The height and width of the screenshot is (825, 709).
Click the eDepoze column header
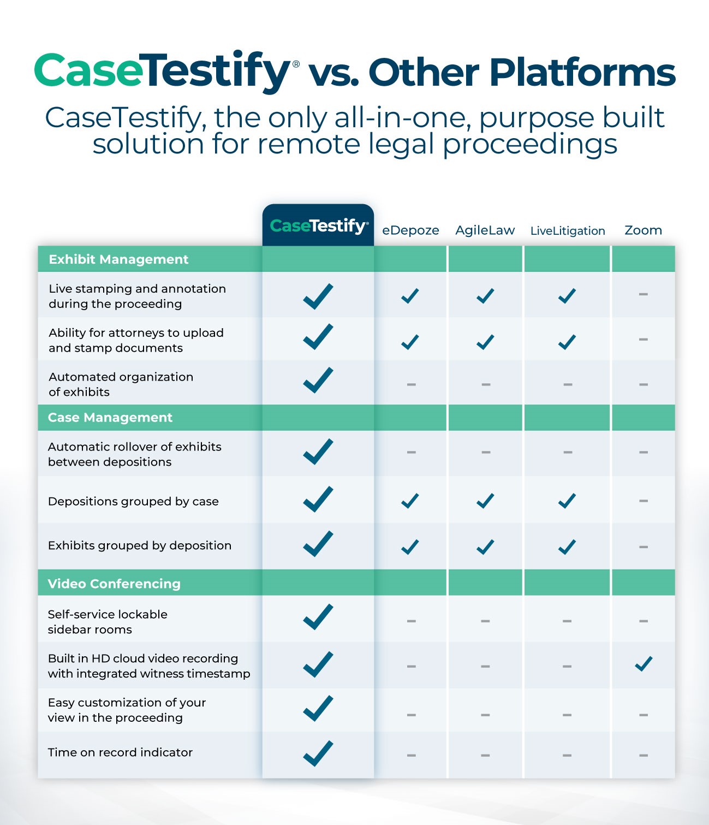coord(410,230)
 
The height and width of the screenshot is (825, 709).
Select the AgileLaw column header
coord(485,230)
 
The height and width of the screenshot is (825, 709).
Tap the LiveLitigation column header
coord(567,231)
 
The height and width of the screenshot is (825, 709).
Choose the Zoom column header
coord(643,230)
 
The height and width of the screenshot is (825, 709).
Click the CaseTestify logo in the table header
coord(319,226)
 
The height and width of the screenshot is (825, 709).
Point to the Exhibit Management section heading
coord(118,259)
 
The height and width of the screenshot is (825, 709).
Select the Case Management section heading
coord(110,418)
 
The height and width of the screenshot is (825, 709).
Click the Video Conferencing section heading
coord(114,584)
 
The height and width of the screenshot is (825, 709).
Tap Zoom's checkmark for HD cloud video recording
coord(644,664)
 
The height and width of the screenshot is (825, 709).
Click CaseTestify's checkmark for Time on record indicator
coord(318,753)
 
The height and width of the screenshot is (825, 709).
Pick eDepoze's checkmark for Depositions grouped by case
coord(410,501)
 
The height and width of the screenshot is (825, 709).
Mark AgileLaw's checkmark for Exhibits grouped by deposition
coord(485,547)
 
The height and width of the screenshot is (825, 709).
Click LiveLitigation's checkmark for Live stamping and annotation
coord(567,296)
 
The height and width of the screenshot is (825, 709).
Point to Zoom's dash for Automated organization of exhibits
coord(643,384)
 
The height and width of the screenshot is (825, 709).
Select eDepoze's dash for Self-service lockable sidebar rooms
coord(412,621)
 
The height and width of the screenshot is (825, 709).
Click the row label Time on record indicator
coord(120,752)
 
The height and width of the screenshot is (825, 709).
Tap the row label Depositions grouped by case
coord(133,501)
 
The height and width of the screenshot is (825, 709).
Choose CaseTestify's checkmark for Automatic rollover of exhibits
coord(318,452)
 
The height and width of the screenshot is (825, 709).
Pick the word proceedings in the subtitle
coord(530,145)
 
